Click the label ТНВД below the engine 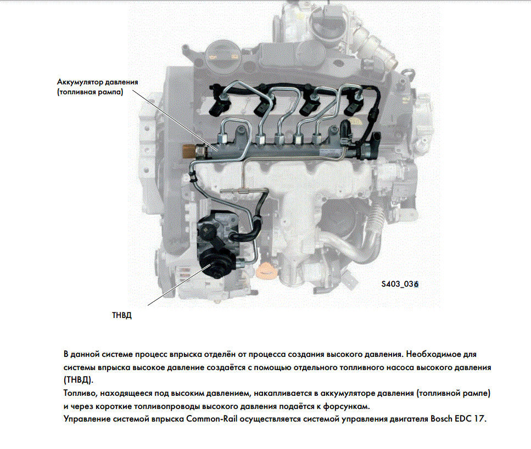click(121, 315)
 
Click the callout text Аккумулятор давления click(98, 82)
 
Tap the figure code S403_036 click(400, 284)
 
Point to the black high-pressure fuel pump click(215, 243)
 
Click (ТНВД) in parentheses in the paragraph click(78, 380)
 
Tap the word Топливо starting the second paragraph click(81, 393)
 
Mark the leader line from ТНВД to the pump click(179, 285)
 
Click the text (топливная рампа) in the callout click(90, 92)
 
